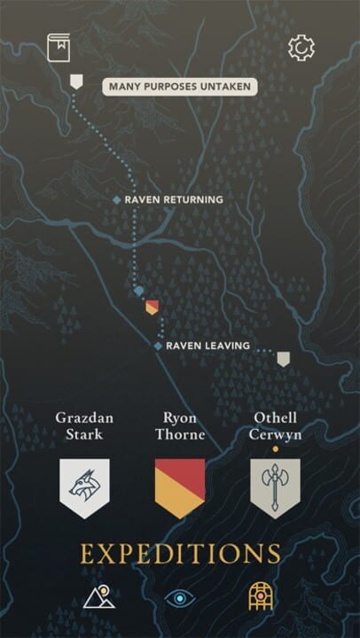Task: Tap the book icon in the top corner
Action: click(59, 47)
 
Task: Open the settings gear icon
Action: click(301, 47)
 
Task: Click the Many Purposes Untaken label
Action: click(180, 86)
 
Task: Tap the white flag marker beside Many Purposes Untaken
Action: click(76, 82)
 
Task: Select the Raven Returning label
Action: click(174, 200)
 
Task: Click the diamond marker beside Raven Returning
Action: click(117, 200)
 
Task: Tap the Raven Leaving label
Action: click(207, 346)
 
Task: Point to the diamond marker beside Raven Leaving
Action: click(159, 346)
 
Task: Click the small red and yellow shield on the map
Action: click(152, 307)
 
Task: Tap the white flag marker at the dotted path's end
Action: click(283, 359)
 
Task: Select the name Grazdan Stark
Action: click(85, 425)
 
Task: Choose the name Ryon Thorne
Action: click(180, 425)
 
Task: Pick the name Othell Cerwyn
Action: click(275, 425)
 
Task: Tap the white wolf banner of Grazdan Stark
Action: click(85, 487)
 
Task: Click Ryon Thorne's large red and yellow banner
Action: click(180, 487)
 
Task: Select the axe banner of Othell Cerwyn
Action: click(275, 487)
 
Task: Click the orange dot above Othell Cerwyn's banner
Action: click(275, 449)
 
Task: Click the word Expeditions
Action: click(180, 554)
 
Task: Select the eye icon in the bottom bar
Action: click(180, 599)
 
